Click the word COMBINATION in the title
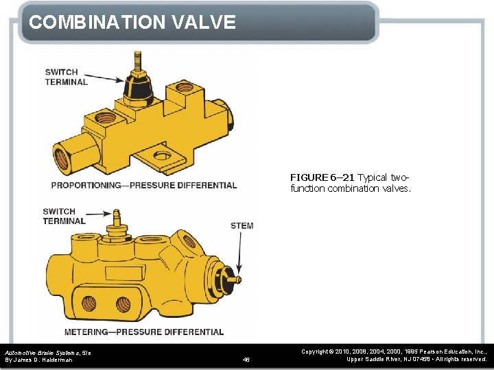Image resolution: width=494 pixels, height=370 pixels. (x=97, y=22)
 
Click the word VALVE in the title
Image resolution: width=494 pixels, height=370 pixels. (x=204, y=22)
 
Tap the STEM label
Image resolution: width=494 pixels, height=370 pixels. (x=242, y=226)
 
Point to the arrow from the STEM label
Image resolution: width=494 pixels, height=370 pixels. (x=239, y=253)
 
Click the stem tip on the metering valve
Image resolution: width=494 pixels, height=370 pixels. (x=239, y=280)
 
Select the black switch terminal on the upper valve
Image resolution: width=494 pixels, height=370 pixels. (x=139, y=89)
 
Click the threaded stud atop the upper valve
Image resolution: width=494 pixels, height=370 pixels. (x=138, y=62)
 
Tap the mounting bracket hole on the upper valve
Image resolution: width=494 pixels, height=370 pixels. (x=163, y=156)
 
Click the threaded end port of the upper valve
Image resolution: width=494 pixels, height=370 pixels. (x=62, y=159)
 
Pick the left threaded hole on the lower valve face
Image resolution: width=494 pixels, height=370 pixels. (x=89, y=304)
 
